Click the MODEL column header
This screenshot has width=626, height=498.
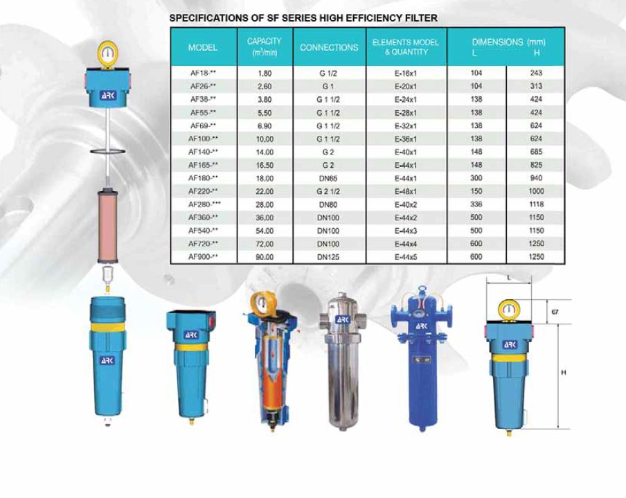tap(203, 48)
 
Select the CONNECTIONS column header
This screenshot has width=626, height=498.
tap(329, 48)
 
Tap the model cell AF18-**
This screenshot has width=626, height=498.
tap(203, 73)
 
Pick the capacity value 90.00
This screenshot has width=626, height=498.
tap(265, 257)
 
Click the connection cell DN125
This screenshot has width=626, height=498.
tap(328, 257)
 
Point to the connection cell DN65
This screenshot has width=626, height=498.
tap(328, 178)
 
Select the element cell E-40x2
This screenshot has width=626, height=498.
tap(406, 204)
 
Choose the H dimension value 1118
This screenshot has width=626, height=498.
tap(536, 204)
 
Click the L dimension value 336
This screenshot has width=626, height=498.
tap(476, 204)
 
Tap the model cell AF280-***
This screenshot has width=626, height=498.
tap(204, 204)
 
